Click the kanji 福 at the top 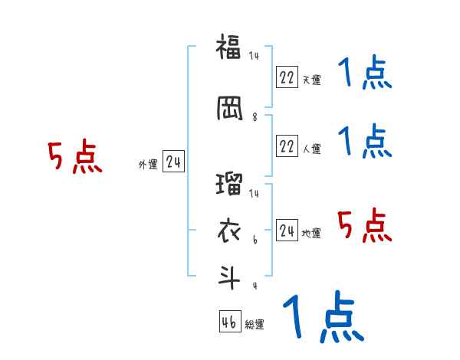pyautogui.click(x=229, y=47)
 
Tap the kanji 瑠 pyautogui.click(x=229, y=185)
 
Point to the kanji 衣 pyautogui.click(x=229, y=229)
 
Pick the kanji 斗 pyautogui.click(x=229, y=275)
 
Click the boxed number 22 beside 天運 pyautogui.click(x=287, y=77)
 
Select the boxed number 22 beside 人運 pyautogui.click(x=287, y=146)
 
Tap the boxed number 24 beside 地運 pyautogui.click(x=287, y=231)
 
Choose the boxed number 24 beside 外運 pyautogui.click(x=173, y=162)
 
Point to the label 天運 pyautogui.click(x=311, y=79)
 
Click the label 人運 pyautogui.click(x=311, y=149)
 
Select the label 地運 pyautogui.click(x=311, y=233)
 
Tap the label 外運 pyautogui.click(x=147, y=164)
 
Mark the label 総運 pyautogui.click(x=255, y=324)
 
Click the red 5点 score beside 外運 pyautogui.click(x=75, y=158)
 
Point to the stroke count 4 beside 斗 pyautogui.click(x=255, y=286)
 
